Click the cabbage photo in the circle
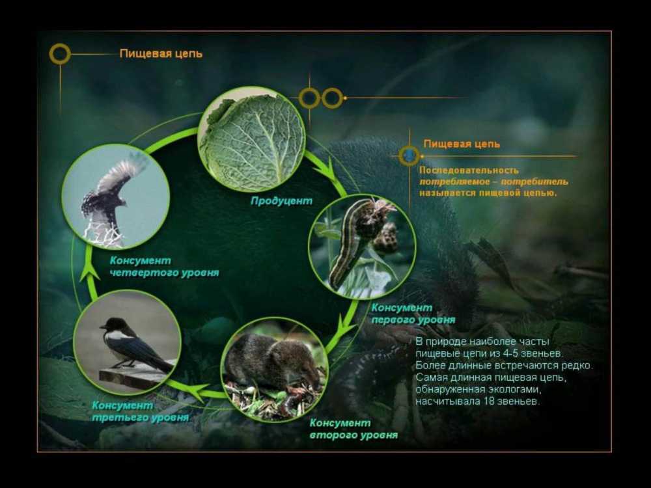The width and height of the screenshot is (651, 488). pos(251,140)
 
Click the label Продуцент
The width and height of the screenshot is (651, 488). pos(281,201)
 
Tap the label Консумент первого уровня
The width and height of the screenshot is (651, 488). pos(413,314)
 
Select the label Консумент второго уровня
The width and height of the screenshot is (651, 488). pos(353,429)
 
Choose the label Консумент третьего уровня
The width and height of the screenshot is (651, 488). pos(140,411)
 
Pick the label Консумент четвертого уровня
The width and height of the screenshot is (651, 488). pos(164,266)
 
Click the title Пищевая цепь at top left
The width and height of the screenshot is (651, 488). pos(161,53)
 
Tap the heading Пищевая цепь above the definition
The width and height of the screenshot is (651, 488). pos(462,144)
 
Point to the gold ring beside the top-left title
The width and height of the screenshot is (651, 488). pos(60,54)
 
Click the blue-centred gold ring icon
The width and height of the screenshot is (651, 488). pos(409,156)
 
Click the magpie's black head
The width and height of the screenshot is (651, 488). pos(109,324)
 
